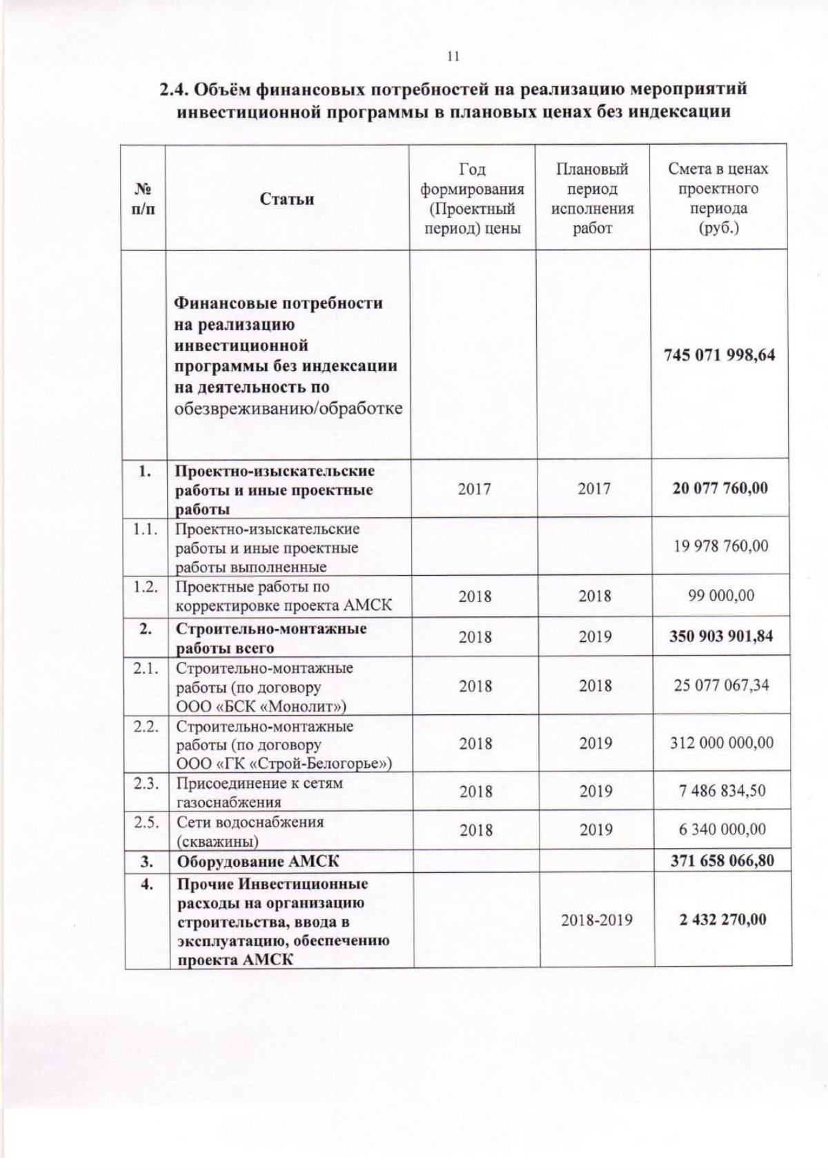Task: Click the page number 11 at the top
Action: pos(453,57)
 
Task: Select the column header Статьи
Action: pos(287,199)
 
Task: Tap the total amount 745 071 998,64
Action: pos(719,355)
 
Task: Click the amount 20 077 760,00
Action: pos(720,488)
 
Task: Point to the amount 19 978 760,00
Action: pos(720,546)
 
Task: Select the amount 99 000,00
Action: pos(721,596)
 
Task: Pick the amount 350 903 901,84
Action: pos(720,636)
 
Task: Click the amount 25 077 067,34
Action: pos(721,685)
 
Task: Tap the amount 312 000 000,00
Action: pos(722,743)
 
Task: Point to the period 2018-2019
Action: pos(596,920)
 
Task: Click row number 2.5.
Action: pos(146,822)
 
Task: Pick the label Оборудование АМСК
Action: pos(258,861)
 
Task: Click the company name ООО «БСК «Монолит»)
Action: pos(261,706)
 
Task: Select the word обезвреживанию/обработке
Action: pos(288,408)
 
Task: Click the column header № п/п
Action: pos(143,199)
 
